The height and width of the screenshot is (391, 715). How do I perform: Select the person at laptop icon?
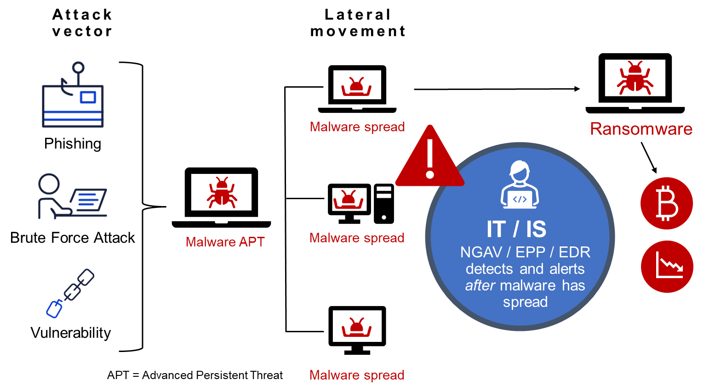tap(72, 196)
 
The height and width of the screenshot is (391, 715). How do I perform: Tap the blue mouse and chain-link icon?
tap(70, 293)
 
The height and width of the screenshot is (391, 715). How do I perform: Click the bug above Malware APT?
tap(222, 192)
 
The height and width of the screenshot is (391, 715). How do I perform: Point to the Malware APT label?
tap(225, 242)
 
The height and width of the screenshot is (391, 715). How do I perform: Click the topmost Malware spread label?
tap(357, 127)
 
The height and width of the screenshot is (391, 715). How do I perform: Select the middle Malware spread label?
tap(357, 238)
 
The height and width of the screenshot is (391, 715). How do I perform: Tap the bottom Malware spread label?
tap(357, 375)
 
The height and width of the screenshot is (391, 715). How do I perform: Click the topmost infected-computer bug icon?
tap(356, 86)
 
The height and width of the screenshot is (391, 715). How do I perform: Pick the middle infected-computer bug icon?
tap(348, 200)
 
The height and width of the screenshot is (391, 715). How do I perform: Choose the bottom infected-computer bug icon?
tap(356, 327)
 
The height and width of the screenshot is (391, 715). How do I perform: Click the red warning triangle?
tap(429, 159)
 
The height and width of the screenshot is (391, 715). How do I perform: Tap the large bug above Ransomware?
tap(635, 78)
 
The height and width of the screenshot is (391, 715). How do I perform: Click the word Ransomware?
tap(641, 129)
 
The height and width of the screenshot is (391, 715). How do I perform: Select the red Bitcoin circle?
tap(667, 203)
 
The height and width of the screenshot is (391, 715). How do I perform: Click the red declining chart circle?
tap(667, 266)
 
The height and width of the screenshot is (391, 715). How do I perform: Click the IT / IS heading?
tap(516, 229)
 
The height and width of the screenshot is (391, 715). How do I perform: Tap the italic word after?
tap(480, 285)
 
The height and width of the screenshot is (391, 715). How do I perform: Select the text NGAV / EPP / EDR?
tap(525, 252)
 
